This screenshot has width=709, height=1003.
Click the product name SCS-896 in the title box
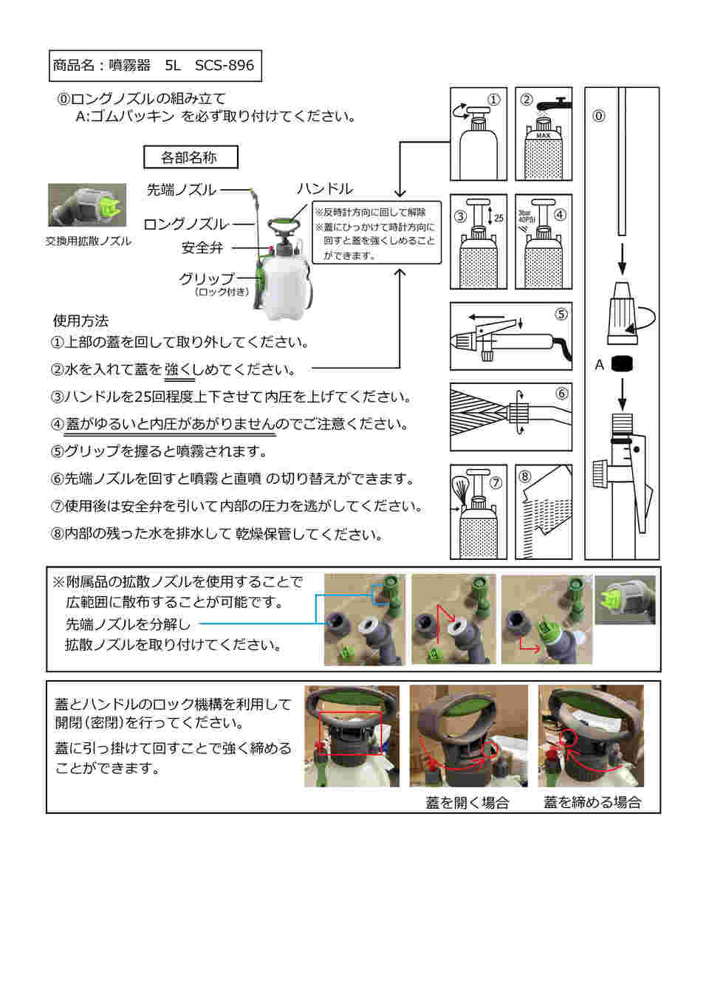(x=224, y=66)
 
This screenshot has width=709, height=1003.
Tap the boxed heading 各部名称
(x=190, y=157)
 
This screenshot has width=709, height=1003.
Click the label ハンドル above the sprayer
(x=324, y=189)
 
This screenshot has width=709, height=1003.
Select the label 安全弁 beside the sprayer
(x=202, y=248)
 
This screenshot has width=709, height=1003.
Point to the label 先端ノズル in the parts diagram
(x=181, y=190)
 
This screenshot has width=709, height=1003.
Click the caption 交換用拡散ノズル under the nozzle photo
(x=89, y=242)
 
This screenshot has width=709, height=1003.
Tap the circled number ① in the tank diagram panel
(x=494, y=100)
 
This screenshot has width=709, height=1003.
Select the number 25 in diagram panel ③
(x=499, y=219)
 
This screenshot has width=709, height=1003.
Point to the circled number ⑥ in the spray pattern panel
(x=561, y=394)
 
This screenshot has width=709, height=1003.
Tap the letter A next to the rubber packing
(x=599, y=365)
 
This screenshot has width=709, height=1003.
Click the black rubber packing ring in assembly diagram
(x=623, y=364)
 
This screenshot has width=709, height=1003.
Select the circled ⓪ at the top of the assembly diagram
(x=599, y=116)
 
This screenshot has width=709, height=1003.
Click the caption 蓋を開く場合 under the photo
(x=467, y=803)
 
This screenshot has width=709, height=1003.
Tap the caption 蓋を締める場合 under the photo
(x=592, y=803)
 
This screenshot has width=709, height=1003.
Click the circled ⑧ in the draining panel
(x=525, y=476)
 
